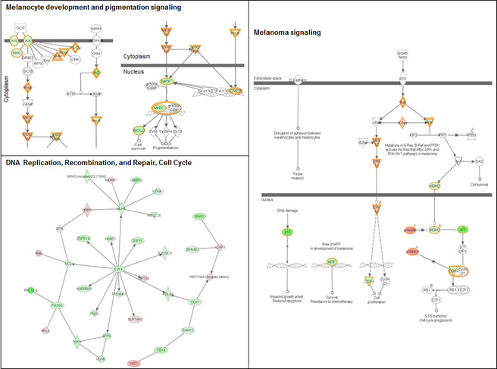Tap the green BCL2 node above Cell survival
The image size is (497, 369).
click(138, 130)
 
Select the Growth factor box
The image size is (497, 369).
click(403, 55)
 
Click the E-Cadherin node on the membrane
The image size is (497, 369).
click(299, 80)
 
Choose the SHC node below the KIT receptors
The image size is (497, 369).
click(16, 53)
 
